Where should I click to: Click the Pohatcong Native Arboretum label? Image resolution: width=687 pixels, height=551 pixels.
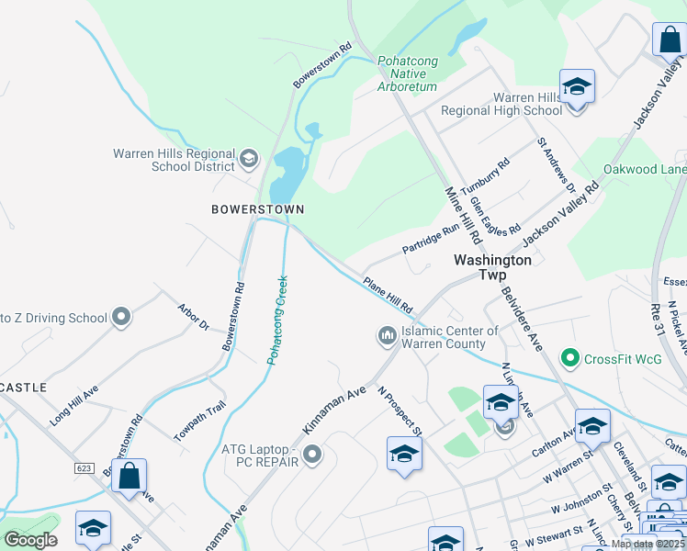[x=407, y=73]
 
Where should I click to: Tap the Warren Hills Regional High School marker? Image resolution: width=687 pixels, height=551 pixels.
[x=577, y=87]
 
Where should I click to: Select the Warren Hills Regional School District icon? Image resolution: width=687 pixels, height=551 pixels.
[x=248, y=160]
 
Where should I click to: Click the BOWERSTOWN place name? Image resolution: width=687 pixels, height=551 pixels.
[x=257, y=209]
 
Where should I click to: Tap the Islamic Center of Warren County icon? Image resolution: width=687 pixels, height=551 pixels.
[x=387, y=337]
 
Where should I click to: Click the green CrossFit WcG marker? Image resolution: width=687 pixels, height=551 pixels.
[x=569, y=357]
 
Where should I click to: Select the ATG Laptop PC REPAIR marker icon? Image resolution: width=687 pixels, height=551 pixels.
[x=313, y=454]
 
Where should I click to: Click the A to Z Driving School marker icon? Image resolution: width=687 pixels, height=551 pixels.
[x=120, y=318]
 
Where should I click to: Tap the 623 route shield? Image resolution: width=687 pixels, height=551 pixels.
[x=84, y=467]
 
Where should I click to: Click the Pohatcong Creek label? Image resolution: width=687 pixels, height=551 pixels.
[x=278, y=320]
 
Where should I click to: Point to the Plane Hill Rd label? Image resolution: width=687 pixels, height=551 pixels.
[x=388, y=294]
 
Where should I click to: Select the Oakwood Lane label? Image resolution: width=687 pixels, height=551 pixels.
[x=644, y=170]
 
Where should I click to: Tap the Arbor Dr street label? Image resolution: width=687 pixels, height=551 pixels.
[x=193, y=318]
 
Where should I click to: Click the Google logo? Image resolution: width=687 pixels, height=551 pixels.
[x=31, y=540]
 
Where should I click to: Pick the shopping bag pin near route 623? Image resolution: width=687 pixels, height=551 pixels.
[x=130, y=476]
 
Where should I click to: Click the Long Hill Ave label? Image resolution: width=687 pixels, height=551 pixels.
[x=73, y=405]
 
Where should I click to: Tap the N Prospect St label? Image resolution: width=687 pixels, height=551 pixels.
[x=400, y=409]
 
